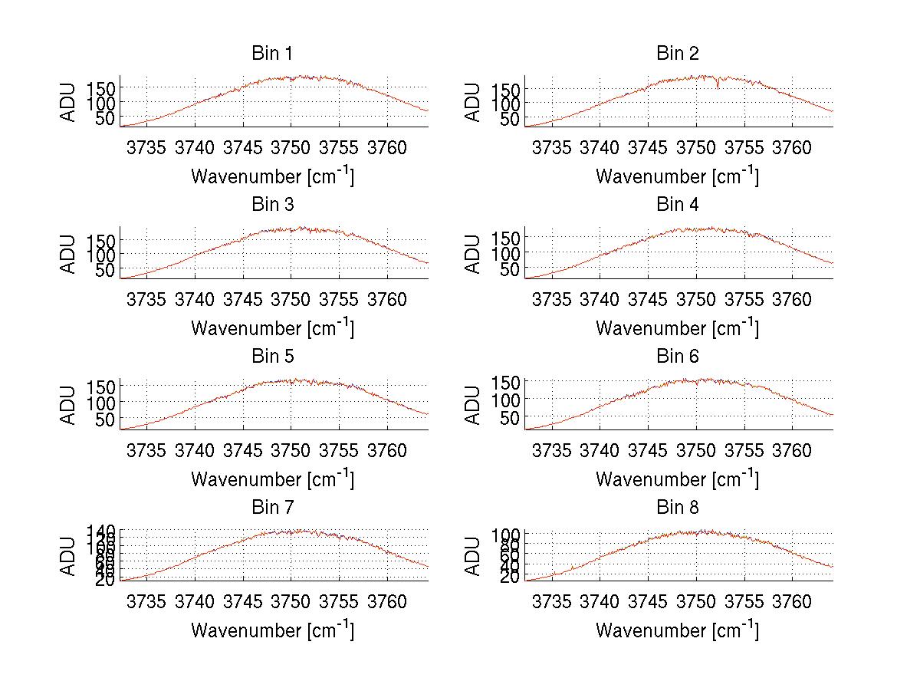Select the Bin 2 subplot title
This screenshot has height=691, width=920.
678,54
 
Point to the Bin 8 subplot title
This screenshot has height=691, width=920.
678,508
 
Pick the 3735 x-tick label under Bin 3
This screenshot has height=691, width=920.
146,299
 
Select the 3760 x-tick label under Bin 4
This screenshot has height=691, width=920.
792,299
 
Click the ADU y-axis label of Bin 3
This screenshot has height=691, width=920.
69,253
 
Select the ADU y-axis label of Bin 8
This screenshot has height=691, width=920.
474,556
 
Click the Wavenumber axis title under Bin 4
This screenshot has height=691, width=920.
678,327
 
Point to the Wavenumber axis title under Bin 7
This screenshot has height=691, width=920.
272,630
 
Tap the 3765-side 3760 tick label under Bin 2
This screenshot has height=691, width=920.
792,147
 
